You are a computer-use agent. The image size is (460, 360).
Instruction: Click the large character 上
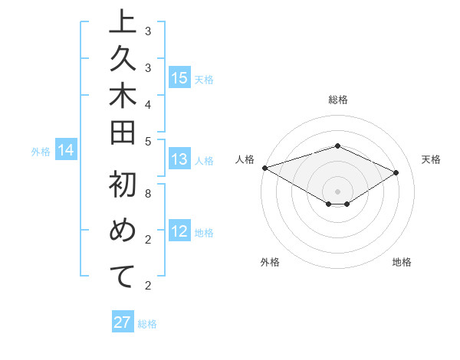click(x=123, y=24)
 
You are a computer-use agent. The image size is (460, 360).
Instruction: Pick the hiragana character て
click(x=123, y=277)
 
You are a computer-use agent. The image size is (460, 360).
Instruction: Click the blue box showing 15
click(x=179, y=78)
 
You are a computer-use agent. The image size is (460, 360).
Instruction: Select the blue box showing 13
click(x=179, y=160)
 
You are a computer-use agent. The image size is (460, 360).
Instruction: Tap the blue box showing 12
click(x=179, y=232)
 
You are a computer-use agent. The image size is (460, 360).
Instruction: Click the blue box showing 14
click(x=66, y=151)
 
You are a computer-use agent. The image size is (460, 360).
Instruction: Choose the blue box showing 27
click(x=123, y=322)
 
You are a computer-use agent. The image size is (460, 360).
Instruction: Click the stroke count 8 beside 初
click(x=147, y=195)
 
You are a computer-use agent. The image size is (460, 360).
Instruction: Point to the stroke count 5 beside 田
click(x=147, y=141)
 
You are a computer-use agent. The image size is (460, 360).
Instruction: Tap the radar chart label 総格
click(x=337, y=100)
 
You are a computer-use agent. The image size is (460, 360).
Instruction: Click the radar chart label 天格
click(x=431, y=159)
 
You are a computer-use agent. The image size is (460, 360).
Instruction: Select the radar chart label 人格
click(x=245, y=159)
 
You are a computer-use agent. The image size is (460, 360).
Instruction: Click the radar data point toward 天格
click(x=396, y=173)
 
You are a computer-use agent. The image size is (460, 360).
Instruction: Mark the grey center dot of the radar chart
click(x=337, y=191)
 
